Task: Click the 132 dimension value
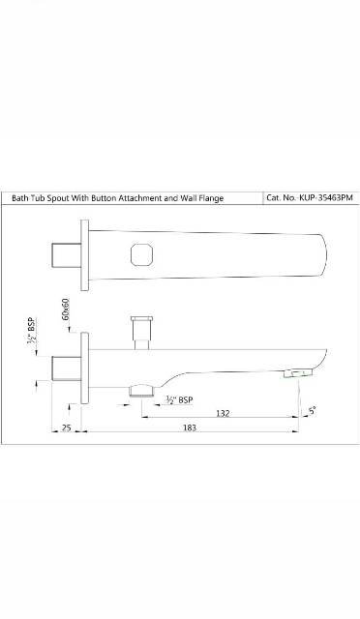[222, 413]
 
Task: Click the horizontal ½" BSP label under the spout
[179, 400]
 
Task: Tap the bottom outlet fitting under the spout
[141, 389]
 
